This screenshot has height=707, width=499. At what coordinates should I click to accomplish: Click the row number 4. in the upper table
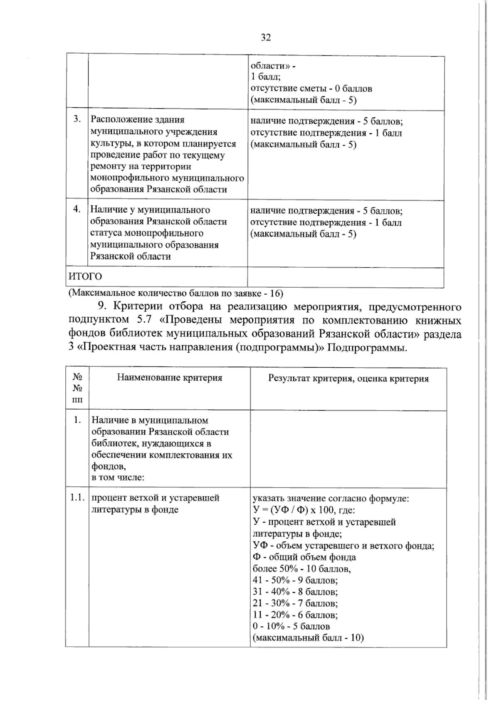click(x=77, y=209)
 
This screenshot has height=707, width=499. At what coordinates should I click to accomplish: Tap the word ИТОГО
click(x=85, y=277)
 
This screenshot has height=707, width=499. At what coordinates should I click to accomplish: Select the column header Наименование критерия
click(x=169, y=378)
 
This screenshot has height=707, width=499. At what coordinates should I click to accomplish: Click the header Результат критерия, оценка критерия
click(x=348, y=378)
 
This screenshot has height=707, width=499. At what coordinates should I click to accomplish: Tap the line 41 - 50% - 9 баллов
click(x=295, y=580)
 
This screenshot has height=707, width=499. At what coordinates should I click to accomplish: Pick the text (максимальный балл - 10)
click(x=308, y=638)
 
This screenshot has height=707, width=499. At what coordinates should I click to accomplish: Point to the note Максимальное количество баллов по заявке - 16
click(x=176, y=293)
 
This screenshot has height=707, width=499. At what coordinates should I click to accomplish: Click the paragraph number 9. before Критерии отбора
click(x=103, y=307)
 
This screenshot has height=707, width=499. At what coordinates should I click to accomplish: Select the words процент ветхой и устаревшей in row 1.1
click(x=155, y=498)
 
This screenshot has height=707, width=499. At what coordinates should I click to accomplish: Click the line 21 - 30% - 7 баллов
click(x=295, y=603)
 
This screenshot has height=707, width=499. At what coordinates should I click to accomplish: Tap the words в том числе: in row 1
click(x=118, y=478)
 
